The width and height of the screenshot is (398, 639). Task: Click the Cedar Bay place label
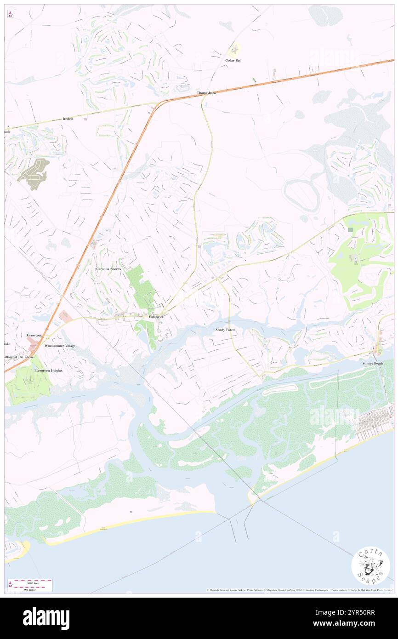pyautogui.click(x=233, y=60)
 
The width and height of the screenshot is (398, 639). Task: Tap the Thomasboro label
pyautogui.click(x=206, y=93)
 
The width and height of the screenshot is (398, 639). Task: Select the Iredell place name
pyautogui.click(x=68, y=118)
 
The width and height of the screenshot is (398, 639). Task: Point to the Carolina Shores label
pyautogui.click(x=108, y=268)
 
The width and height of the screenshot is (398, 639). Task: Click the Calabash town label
pyautogui.click(x=156, y=317)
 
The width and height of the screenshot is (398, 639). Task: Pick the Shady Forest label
pyautogui.click(x=226, y=330)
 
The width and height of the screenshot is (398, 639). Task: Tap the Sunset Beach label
pyautogui.click(x=372, y=364)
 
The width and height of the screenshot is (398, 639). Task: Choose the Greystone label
pyautogui.click(x=34, y=336)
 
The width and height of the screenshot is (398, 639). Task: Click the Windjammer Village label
pyautogui.click(x=60, y=346)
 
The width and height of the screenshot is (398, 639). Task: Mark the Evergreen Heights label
pyautogui.click(x=48, y=371)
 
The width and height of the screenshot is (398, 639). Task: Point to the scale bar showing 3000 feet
pyautogui.click(x=30, y=585)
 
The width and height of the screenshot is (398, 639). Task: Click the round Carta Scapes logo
pyautogui.click(x=370, y=565)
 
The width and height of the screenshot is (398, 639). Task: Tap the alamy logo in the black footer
pyautogui.click(x=46, y=618)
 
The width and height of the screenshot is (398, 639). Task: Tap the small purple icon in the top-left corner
pyautogui.click(x=10, y=14)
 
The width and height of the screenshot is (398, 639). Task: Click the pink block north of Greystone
pyautogui.click(x=65, y=316)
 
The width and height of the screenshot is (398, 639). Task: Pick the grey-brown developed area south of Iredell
pyautogui.click(x=34, y=173)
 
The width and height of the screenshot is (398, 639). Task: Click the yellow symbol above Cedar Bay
pyautogui.click(x=234, y=49)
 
